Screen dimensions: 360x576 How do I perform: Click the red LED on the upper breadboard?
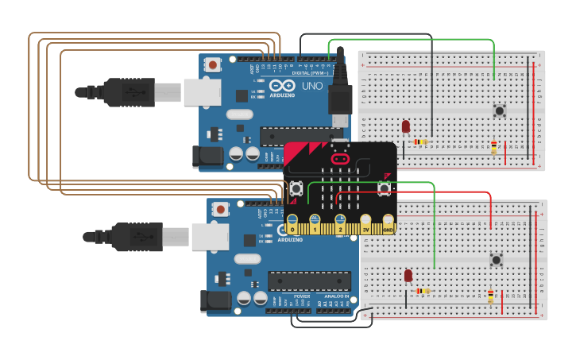click(x=405, y=126)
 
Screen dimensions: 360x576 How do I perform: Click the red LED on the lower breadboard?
click(x=408, y=276)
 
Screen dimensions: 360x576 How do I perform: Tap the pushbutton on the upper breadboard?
click(x=500, y=110)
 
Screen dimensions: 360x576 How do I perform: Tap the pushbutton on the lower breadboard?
click(x=497, y=259)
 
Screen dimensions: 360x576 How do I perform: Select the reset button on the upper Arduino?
click(x=212, y=64)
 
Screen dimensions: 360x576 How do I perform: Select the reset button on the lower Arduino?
click(x=220, y=209)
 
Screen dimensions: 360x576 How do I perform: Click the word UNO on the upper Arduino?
click(x=312, y=86)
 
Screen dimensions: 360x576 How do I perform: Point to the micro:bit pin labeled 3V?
click(x=365, y=223)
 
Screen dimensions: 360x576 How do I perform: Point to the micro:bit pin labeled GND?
click(x=388, y=223)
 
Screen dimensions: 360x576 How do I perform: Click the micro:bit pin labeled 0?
click(x=292, y=224)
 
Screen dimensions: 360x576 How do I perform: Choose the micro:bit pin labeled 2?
click(x=340, y=223)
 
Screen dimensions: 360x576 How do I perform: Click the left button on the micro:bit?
click(x=296, y=188)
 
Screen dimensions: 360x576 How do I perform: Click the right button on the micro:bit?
click(x=385, y=188)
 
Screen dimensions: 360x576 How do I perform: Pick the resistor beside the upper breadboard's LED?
click(x=420, y=142)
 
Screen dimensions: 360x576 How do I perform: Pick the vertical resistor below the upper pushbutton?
click(x=493, y=147)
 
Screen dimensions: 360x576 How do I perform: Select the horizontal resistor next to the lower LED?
click(x=423, y=291)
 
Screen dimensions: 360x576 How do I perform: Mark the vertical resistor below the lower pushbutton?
click(x=490, y=296)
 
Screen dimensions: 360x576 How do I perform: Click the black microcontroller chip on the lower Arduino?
click(x=309, y=281)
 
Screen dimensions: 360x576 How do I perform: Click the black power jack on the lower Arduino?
click(x=215, y=300)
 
